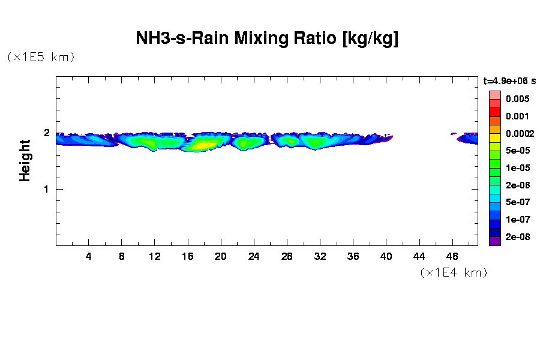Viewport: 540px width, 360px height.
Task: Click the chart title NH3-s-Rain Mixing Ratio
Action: [267, 39]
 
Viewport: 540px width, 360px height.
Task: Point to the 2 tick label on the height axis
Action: [46, 133]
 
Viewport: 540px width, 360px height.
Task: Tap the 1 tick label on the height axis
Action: [46, 189]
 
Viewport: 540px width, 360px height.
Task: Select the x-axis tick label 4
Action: [89, 256]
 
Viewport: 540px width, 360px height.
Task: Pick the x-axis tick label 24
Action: [254, 256]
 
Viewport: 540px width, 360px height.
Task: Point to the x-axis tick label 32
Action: [320, 256]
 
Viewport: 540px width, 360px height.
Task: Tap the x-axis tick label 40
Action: [386, 256]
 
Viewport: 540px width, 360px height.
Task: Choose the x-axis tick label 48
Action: [452, 256]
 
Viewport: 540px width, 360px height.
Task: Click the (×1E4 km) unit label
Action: [454, 272]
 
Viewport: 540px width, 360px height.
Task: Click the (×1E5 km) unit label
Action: [41, 57]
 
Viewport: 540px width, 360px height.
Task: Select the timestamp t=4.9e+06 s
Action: [509, 80]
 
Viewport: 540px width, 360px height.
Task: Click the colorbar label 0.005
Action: [517, 99]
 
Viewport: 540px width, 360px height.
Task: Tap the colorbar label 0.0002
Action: [519, 133]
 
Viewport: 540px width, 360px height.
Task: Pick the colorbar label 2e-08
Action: [517, 237]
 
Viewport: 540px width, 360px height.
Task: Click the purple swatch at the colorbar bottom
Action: [494, 241]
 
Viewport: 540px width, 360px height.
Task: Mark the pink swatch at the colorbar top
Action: [494, 95]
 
